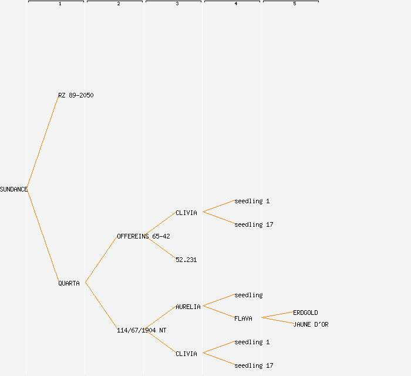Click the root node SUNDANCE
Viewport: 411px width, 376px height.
point(14,189)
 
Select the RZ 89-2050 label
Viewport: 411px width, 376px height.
point(76,95)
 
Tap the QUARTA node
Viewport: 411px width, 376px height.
point(69,283)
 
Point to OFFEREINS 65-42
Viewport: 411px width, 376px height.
point(143,236)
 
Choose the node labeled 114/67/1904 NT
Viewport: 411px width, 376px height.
point(142,330)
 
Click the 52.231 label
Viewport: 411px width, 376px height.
point(186,260)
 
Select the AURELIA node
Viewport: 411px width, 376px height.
point(188,307)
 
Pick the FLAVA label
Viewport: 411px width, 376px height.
point(243,318)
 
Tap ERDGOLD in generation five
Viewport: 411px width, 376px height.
point(305,313)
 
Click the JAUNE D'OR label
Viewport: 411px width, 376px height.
point(311,324)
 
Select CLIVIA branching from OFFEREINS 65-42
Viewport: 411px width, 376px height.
point(186,213)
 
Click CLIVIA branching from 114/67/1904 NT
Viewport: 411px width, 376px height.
point(186,354)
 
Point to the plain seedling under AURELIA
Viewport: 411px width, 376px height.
point(248,295)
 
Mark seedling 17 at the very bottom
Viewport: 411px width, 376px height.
point(254,365)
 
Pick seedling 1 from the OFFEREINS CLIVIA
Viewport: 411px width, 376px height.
point(252,201)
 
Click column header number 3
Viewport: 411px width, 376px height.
point(177,4)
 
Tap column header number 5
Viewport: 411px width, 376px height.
point(294,4)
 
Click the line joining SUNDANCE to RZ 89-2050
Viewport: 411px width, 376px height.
point(42,142)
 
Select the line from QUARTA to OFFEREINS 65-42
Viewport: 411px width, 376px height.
point(101,260)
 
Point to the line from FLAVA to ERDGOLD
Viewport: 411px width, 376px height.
point(277,315)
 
